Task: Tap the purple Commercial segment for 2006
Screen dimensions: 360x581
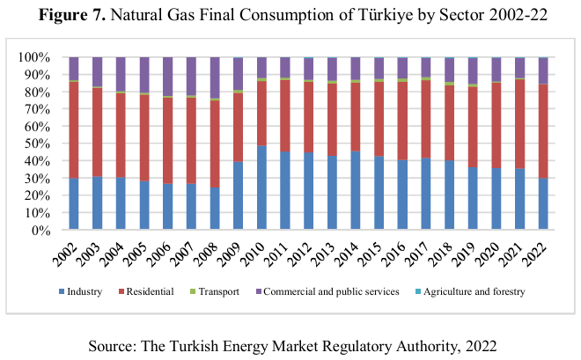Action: (x=167, y=77)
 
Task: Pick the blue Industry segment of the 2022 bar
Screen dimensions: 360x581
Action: (x=543, y=203)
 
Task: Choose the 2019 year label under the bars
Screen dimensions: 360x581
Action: (x=467, y=253)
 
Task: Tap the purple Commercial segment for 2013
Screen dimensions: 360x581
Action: (x=332, y=69)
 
